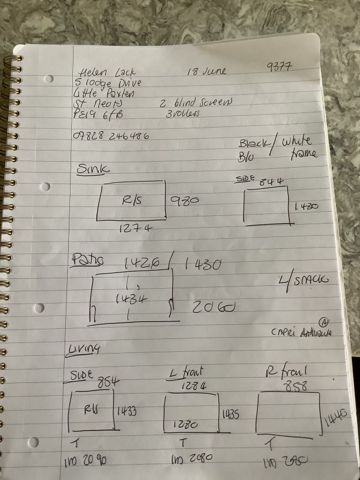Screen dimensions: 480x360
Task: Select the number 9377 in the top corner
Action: click(279, 69)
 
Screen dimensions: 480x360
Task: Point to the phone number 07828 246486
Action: click(110, 136)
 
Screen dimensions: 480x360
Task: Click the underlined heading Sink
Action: click(94, 169)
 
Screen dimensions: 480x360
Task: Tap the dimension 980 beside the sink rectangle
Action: click(185, 201)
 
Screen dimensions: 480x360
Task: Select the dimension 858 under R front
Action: click(295, 386)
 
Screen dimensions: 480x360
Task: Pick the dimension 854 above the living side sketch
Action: click(108, 382)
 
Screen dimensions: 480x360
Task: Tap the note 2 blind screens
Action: click(195, 102)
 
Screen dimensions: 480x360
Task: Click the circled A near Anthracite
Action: click(324, 321)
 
